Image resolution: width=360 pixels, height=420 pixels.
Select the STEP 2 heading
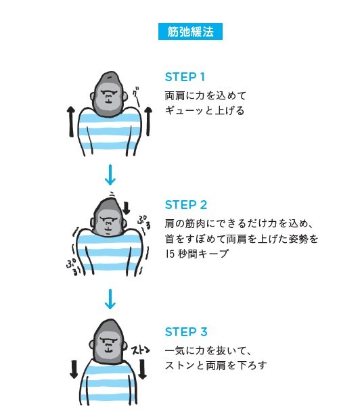185,204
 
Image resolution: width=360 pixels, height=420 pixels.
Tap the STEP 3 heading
185,332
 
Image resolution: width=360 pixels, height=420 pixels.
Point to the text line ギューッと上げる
204,111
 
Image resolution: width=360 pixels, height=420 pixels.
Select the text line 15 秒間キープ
196,254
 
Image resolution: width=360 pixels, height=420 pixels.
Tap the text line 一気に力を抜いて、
208,350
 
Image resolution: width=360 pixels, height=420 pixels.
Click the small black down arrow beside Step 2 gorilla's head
126,207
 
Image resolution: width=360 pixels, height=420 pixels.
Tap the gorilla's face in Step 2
108,219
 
